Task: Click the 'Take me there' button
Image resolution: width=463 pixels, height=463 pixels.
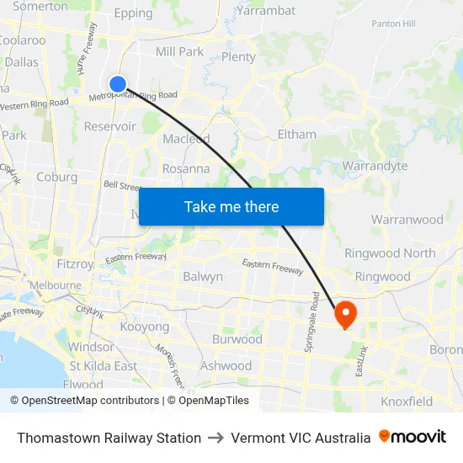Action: point(231,207)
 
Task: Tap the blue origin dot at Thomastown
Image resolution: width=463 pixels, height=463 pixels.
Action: point(118,83)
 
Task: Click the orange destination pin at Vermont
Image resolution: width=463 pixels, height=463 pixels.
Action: point(345,315)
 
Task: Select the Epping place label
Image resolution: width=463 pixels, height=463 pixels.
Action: point(133,13)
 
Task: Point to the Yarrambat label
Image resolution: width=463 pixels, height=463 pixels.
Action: point(266,11)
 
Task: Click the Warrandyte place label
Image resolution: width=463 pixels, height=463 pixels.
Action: point(375,166)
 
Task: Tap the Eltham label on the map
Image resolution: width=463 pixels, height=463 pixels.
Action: point(296,134)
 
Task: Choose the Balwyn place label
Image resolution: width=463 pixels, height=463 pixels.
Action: point(203,276)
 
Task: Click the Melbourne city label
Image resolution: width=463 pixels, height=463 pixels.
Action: point(55,285)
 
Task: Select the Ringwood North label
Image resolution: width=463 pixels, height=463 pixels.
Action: point(390,253)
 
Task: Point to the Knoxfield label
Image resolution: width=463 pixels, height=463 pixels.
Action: point(407,402)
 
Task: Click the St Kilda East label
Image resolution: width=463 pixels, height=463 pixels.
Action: point(103,366)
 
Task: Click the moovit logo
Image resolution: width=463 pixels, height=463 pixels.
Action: point(412,437)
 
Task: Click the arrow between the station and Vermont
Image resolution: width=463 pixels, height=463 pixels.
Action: point(216,438)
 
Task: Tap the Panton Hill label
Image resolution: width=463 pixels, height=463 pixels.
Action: point(393,24)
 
